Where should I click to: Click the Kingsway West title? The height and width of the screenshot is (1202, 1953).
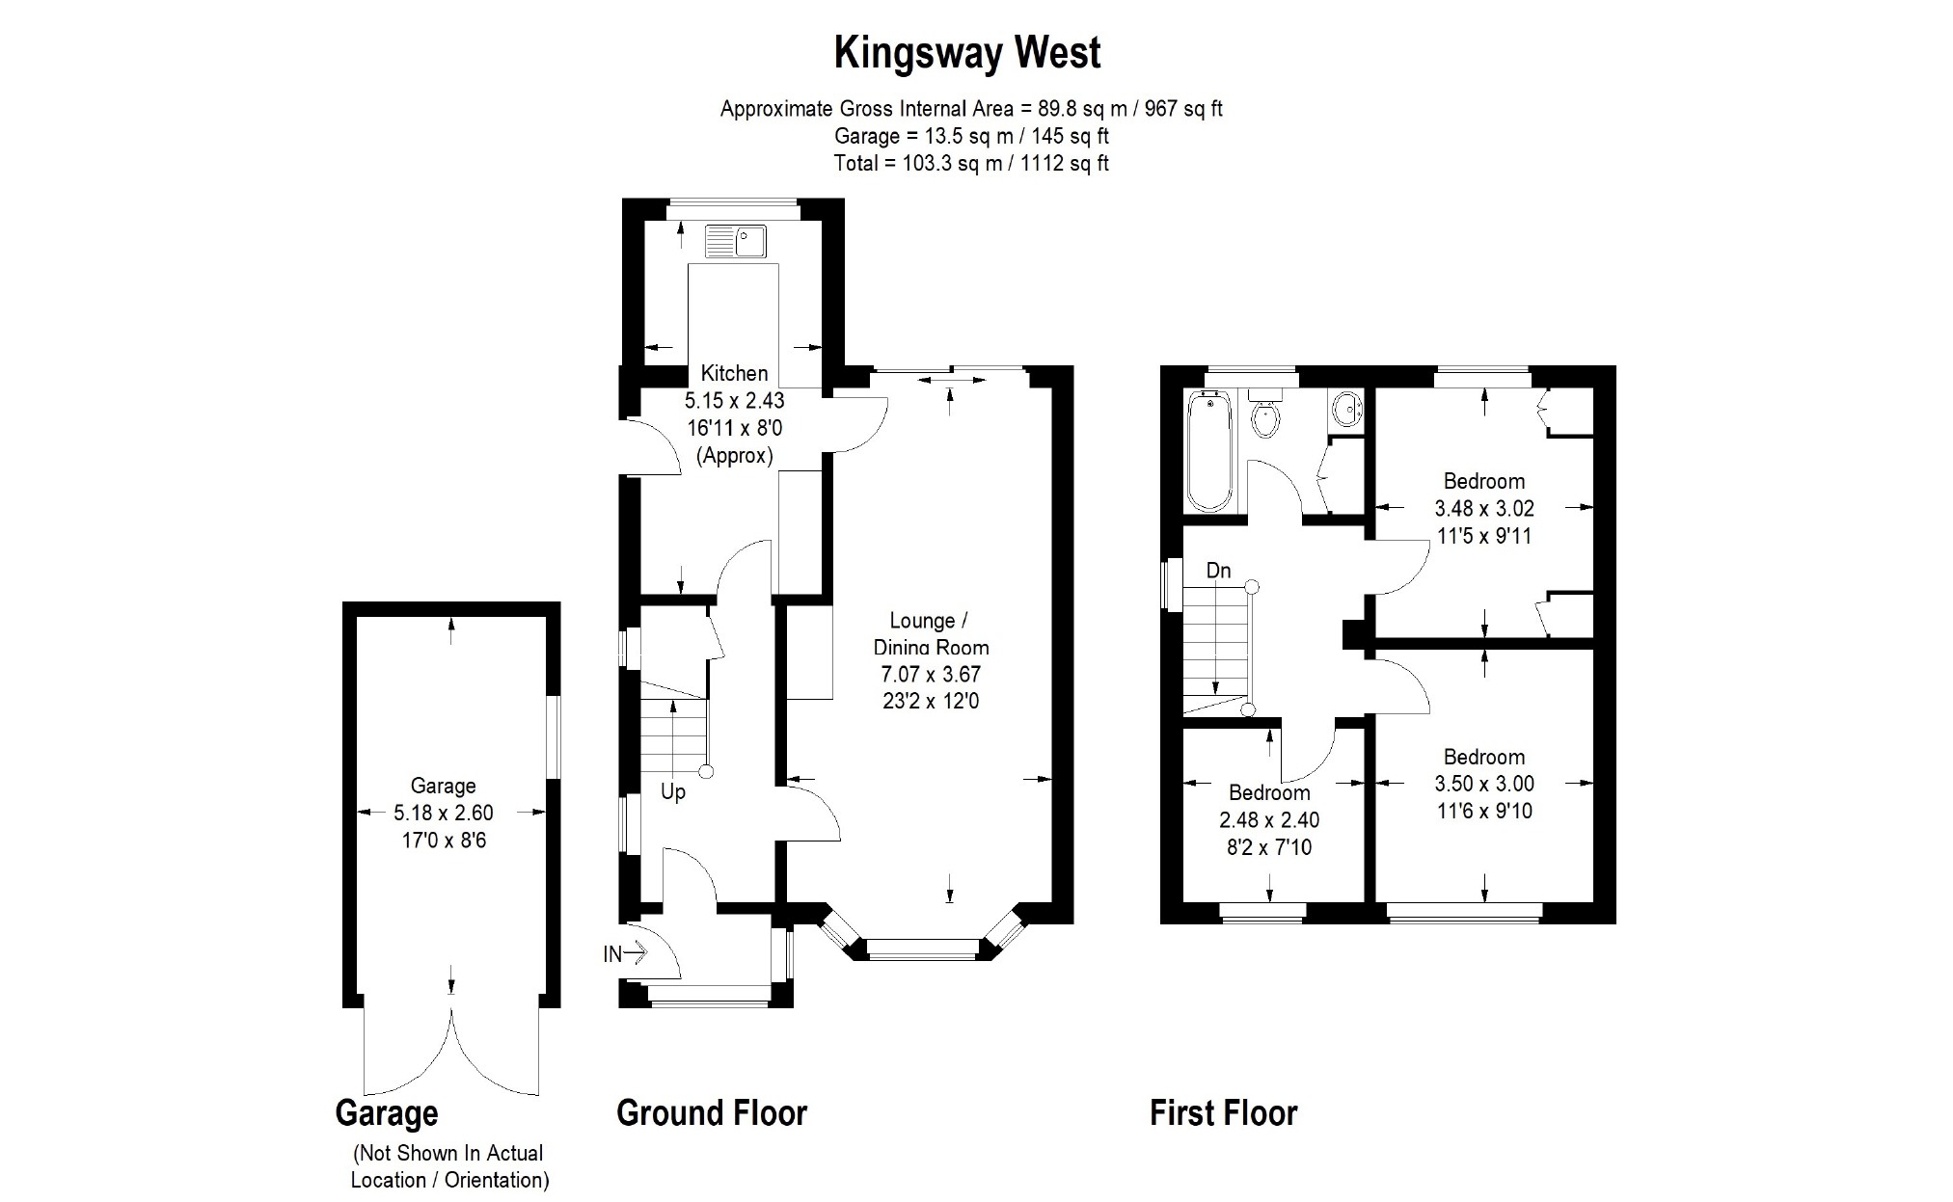(967, 53)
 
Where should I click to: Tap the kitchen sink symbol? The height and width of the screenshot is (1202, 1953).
(735, 241)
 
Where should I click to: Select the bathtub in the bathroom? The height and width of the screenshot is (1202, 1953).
(1208, 450)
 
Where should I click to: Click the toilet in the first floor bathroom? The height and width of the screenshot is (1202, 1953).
(1264, 413)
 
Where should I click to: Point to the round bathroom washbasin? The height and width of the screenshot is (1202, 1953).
(1344, 409)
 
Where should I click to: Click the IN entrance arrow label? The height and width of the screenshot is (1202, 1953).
(625, 954)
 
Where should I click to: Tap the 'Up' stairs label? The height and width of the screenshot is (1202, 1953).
(673, 792)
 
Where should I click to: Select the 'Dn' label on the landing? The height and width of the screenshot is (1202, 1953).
(1219, 571)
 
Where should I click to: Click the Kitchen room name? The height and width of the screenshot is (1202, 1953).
(735, 373)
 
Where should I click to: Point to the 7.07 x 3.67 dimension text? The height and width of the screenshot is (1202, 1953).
(931, 675)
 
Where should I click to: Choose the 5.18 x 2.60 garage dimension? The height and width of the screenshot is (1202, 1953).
(444, 814)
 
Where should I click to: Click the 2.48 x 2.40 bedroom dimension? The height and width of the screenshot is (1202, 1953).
(1269, 820)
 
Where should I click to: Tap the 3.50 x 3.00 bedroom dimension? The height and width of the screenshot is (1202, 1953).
(1484, 785)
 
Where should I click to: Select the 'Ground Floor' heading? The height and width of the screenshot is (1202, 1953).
(712, 1113)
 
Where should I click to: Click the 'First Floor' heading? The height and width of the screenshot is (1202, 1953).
(1224, 1113)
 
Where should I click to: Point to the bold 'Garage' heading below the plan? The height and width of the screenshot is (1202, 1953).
(387, 1114)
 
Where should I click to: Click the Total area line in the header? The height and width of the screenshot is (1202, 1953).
(971, 163)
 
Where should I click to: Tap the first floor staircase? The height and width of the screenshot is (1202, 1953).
(1216, 651)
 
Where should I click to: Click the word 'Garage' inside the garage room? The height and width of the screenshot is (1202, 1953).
(444, 787)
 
